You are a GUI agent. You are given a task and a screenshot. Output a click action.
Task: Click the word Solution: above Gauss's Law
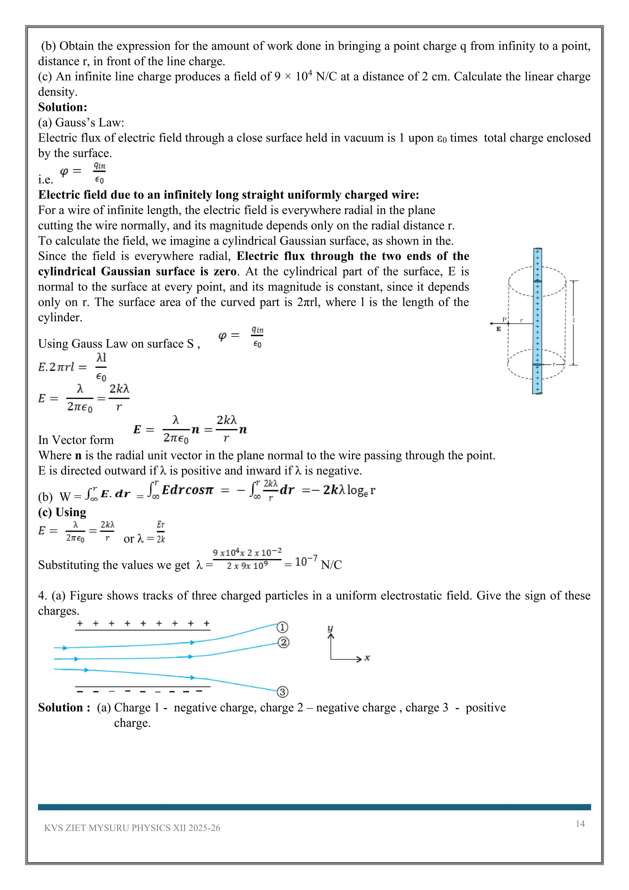click(62, 107)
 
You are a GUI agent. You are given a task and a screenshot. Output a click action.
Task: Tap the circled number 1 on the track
click(282, 627)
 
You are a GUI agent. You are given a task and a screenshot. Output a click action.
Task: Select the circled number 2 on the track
click(283, 643)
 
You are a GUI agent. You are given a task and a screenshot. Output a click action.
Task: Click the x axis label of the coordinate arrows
click(367, 658)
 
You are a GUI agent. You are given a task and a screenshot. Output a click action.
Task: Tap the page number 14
click(580, 824)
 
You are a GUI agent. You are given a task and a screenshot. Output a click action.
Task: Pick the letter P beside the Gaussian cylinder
click(504, 319)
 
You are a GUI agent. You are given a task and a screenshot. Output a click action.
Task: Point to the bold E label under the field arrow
click(498, 329)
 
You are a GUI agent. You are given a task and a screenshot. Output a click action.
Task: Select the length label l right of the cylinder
click(574, 320)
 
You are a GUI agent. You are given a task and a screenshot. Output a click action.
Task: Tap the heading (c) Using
click(62, 512)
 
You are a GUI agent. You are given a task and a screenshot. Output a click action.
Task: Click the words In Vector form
click(76, 440)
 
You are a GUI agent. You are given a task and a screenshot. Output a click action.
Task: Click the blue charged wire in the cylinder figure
click(537, 322)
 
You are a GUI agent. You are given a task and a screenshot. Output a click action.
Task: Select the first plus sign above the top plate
click(80, 624)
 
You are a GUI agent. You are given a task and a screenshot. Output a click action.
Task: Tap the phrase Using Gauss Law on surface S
click(118, 344)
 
